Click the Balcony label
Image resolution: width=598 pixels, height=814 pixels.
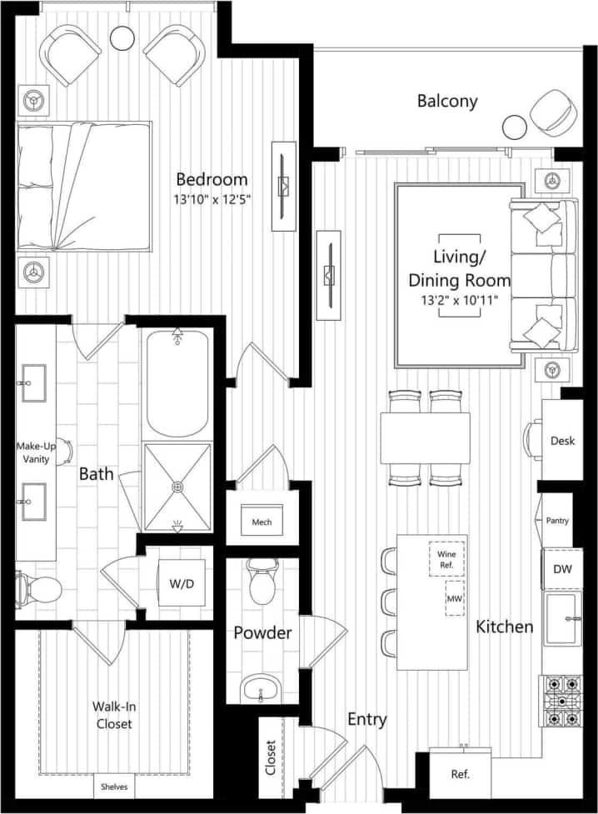pos(447,102)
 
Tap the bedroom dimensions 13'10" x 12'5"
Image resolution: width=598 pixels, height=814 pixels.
pos(213,199)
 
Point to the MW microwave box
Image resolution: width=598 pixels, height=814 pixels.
pos(455,599)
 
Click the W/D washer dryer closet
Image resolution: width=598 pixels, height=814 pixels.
pos(182,583)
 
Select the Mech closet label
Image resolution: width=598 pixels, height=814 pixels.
pos(262,522)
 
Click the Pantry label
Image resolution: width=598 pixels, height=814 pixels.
pos(558,521)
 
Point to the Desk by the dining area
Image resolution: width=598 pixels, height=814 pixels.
pos(562,441)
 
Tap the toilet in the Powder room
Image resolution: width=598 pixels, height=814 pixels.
pos(262,582)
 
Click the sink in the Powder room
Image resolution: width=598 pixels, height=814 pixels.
pos(262,689)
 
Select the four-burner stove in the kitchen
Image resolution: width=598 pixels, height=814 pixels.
pos(562,700)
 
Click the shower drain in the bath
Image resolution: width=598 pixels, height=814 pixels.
pos(177,486)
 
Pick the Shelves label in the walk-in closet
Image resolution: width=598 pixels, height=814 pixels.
pos(114,787)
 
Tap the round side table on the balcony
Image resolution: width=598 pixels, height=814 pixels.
pos(515,127)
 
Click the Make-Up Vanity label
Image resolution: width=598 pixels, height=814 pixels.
pos(36,452)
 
